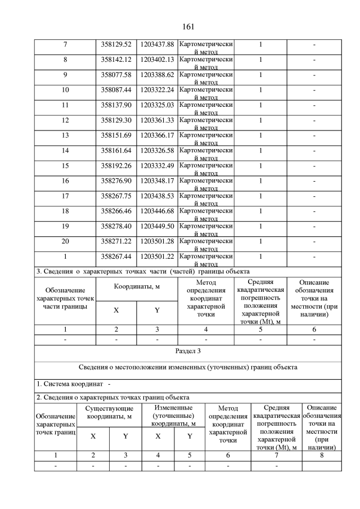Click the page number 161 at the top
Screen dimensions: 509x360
(188, 26)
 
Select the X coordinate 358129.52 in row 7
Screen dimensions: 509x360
(116, 44)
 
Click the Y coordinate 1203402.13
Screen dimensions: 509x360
(157, 59)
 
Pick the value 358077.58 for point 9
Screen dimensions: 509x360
(116, 74)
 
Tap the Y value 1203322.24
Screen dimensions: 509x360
(157, 89)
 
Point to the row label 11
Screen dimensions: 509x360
(65, 105)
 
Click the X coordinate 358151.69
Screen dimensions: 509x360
(116, 135)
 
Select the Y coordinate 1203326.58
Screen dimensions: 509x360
(157, 150)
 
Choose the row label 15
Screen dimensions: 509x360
(65, 165)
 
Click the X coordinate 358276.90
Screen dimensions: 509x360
(116, 181)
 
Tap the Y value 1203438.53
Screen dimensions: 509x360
(157, 196)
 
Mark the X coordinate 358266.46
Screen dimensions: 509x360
(116, 211)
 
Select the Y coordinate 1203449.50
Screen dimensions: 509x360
(157, 226)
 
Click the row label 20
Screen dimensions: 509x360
(65, 241)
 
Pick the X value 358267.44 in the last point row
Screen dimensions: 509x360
(116, 256)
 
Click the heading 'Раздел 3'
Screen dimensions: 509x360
(188, 351)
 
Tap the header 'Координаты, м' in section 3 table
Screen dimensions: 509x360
(137, 286)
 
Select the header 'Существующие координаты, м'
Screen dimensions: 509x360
(109, 412)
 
